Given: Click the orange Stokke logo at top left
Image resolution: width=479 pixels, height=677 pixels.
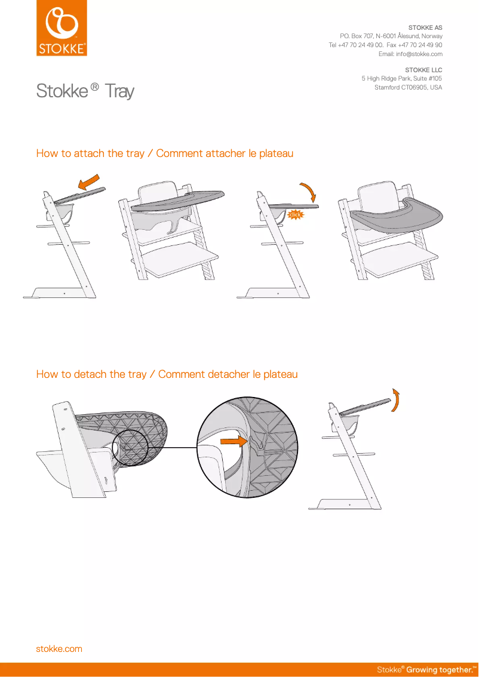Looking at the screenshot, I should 62,28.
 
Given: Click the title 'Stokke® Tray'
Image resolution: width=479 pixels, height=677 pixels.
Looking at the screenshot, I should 85,91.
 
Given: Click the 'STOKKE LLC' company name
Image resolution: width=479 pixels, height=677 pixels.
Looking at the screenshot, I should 423,70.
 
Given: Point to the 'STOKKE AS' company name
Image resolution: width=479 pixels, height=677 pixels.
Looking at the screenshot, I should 425,28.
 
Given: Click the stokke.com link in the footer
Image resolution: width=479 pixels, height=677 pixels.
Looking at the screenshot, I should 59,648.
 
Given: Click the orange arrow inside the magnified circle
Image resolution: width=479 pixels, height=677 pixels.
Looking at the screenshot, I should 233,442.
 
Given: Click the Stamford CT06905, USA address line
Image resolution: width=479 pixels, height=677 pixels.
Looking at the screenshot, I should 408,87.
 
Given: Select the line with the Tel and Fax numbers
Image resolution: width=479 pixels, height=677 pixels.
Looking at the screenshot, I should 385,45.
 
